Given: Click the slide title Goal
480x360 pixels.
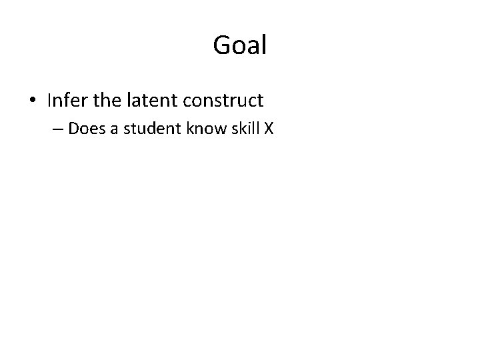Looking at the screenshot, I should coord(240,45).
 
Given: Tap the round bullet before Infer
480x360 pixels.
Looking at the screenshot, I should coord(33,101).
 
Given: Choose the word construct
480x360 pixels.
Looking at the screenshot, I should coord(223,101).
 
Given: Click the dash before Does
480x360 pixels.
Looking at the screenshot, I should coord(56,129).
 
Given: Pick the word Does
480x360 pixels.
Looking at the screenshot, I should coord(83,129).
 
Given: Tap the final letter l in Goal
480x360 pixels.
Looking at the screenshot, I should coord(264,45).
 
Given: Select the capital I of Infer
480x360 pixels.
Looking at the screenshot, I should coord(49,101).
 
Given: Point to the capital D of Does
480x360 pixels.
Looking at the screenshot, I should coord(73,129).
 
